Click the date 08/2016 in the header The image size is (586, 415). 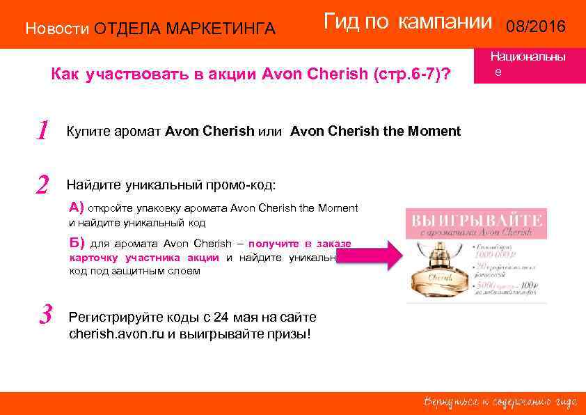tap(536, 27)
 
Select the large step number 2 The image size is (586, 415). tap(42, 185)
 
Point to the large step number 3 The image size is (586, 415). tap(46, 316)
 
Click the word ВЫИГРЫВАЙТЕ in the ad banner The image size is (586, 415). tap(477, 221)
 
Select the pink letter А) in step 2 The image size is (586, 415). tap(77, 207)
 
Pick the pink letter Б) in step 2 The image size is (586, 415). tap(77, 243)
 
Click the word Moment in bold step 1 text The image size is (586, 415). tap(436, 131)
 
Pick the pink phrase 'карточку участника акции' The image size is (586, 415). tap(144, 258)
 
